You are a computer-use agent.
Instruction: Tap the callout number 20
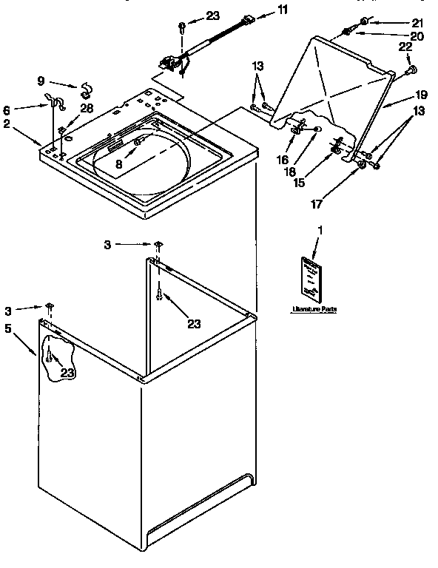click(x=417, y=35)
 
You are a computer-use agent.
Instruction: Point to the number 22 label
click(x=406, y=47)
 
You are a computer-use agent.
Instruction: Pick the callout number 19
click(x=422, y=95)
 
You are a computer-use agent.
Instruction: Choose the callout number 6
click(x=7, y=107)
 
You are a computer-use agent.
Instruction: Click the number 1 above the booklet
click(x=320, y=230)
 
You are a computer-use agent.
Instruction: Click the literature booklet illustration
click(x=311, y=279)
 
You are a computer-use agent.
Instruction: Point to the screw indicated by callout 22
click(x=412, y=71)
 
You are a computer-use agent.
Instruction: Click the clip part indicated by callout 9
click(x=86, y=90)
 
